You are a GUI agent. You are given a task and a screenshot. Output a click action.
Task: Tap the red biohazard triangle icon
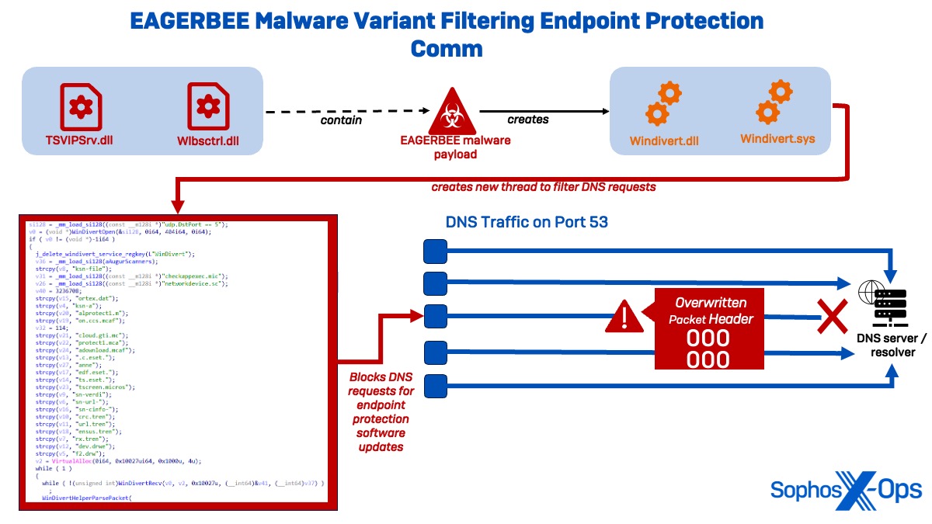coord(454,113)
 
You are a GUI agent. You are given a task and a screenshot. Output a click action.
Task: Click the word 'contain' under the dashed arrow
coord(342,120)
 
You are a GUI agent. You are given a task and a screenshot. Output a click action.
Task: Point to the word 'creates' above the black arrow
coord(528,120)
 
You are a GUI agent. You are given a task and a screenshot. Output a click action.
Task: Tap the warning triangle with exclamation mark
coord(625,317)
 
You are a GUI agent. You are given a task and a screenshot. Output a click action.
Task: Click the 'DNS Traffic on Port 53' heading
coord(527,222)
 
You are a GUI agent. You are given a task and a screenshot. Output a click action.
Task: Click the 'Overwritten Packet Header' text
coord(710,310)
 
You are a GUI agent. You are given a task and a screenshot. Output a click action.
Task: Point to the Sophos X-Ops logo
coord(846,490)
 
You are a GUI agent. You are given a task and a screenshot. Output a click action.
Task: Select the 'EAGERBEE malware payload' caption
coord(455,147)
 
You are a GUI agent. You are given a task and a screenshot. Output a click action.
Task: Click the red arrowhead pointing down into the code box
coord(178,206)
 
